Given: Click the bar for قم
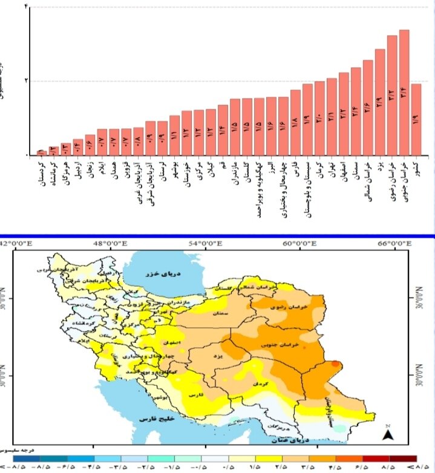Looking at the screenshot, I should tap(223, 130).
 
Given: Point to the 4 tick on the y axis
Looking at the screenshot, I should tap(25, 5).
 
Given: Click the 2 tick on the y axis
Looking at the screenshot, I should tap(25, 80).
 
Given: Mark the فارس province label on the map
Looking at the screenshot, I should tap(197, 394).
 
